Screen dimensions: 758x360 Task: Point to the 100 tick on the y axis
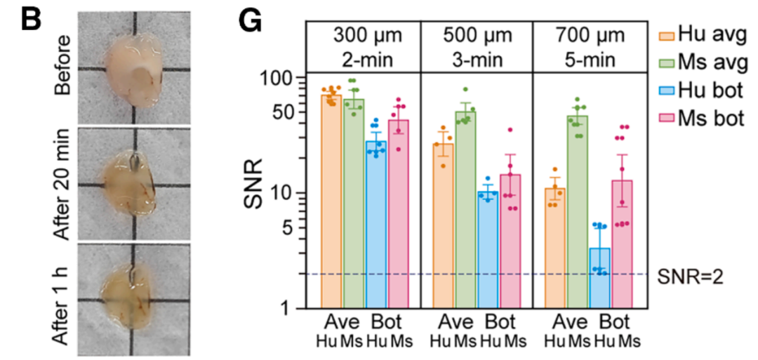pyautogui.click(x=284, y=78)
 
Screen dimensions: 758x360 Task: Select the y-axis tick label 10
pyautogui.click(x=289, y=193)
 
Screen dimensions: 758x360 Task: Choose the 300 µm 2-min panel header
pyautogui.click(x=364, y=47)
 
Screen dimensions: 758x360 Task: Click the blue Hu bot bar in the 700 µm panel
pyautogui.click(x=600, y=279)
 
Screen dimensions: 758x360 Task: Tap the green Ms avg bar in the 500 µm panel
pyautogui.click(x=465, y=211)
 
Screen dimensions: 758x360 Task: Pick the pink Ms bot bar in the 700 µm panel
pyautogui.click(x=622, y=244)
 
